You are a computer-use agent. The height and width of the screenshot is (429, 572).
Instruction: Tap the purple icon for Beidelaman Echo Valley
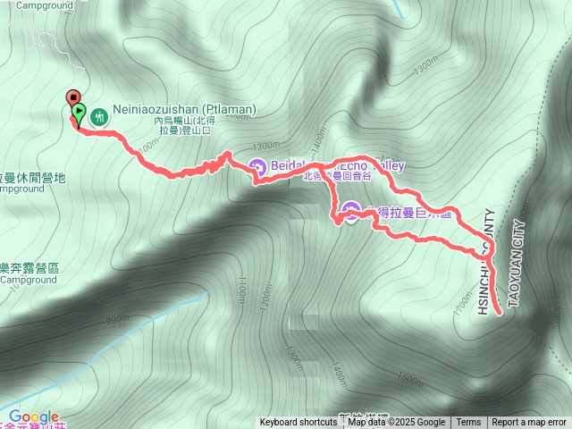pyautogui.click(x=257, y=166)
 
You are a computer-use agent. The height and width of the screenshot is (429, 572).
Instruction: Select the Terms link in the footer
pyautogui.click(x=468, y=423)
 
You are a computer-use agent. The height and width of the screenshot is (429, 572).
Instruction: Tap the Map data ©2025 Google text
pyautogui.click(x=396, y=423)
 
